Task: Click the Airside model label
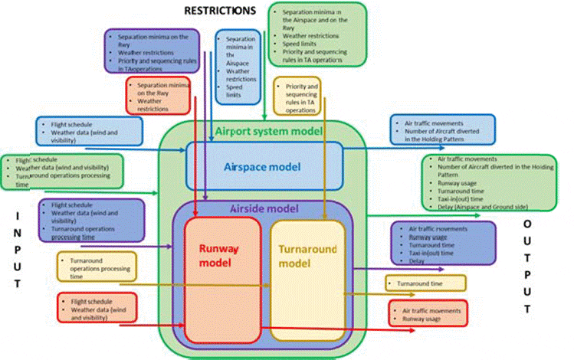[263, 208]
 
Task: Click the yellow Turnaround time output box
[425, 283]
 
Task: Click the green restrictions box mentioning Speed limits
[317, 35]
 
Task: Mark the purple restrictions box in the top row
[152, 51]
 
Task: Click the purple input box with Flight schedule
[90, 220]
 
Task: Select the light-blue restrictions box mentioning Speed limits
[239, 67]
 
